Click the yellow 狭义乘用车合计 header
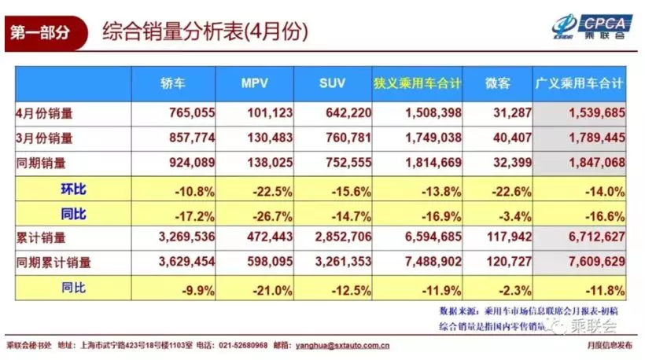(418, 83)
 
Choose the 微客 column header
(496, 83)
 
